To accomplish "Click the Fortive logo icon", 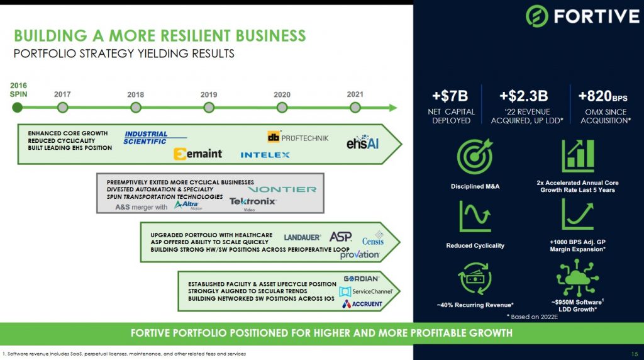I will pyautogui.click(x=537, y=16).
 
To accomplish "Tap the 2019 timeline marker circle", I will pyautogui.click(x=209, y=108).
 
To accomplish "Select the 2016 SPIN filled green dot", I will pyautogui.click(x=18, y=108).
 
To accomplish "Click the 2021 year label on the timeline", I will pyautogui.click(x=355, y=94).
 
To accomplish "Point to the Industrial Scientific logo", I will pyautogui.click(x=147, y=138).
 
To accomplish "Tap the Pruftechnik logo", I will pyautogui.click(x=297, y=137).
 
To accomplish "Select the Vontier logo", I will pyautogui.click(x=282, y=189).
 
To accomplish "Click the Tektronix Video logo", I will pyautogui.click(x=253, y=203).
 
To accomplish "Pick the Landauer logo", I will pyautogui.click(x=303, y=237).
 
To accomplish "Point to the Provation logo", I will pyautogui.click(x=359, y=254).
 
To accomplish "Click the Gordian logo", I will pyautogui.click(x=361, y=278).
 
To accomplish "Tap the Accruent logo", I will pyautogui.click(x=362, y=304).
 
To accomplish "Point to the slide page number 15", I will pyautogui.click(x=635, y=354).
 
